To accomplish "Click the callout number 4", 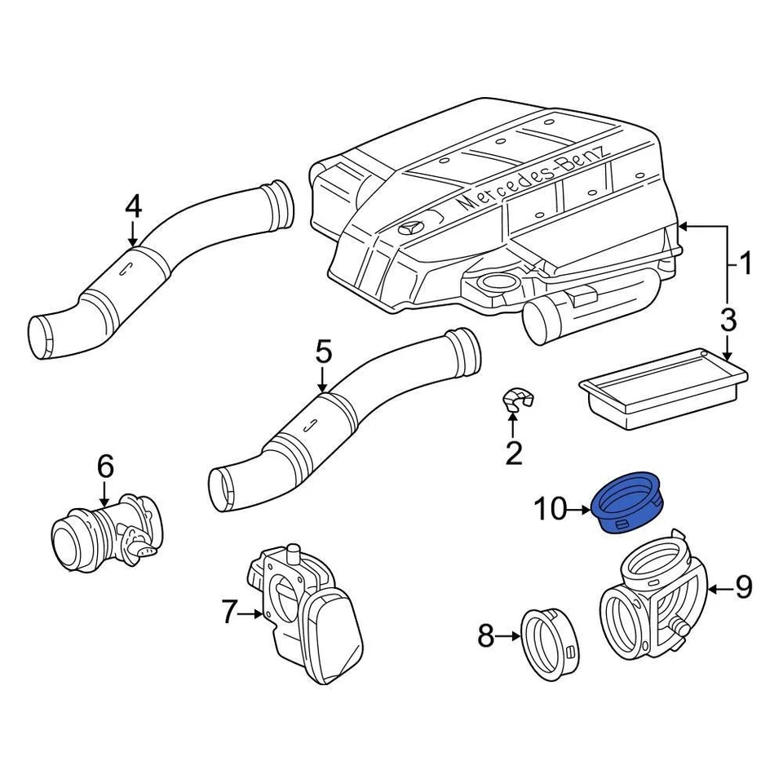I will pos(133,206).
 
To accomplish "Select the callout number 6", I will pos(105,467).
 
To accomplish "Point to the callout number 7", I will pos(228,612).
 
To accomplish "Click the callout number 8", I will pos(486,635).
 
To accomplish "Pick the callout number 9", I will pos(742,587).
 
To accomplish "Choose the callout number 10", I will pos(550,510).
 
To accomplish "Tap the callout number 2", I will pos(513,453).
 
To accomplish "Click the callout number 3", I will pos(728,321).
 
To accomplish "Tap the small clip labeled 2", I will pos(516,400).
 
